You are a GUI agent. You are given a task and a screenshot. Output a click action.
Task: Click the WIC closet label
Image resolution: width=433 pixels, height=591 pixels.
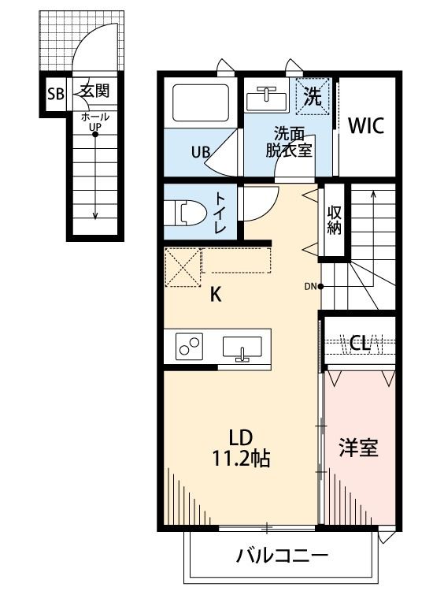[x=366, y=126]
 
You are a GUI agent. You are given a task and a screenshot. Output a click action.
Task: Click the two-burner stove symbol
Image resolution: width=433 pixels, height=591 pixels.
[x=189, y=347]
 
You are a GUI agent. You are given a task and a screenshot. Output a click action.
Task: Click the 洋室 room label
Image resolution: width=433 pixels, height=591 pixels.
[x=358, y=448]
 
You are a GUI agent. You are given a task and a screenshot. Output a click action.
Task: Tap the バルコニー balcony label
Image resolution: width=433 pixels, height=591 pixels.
[x=282, y=556]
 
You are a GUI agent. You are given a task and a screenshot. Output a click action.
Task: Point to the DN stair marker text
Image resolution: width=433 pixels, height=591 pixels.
[x=309, y=286]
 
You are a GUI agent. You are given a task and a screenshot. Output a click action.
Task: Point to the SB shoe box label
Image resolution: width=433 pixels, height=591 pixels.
[x=55, y=95]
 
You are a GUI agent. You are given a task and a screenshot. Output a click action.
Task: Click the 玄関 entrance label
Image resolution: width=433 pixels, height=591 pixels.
[x=94, y=91]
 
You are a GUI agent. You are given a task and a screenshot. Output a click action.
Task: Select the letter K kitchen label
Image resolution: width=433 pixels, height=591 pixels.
[x=215, y=295]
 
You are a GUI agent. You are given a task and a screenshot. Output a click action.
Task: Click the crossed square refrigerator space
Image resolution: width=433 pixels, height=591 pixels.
[x=183, y=268]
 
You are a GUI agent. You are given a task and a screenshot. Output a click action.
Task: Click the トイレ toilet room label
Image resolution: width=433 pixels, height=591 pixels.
[x=220, y=212]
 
